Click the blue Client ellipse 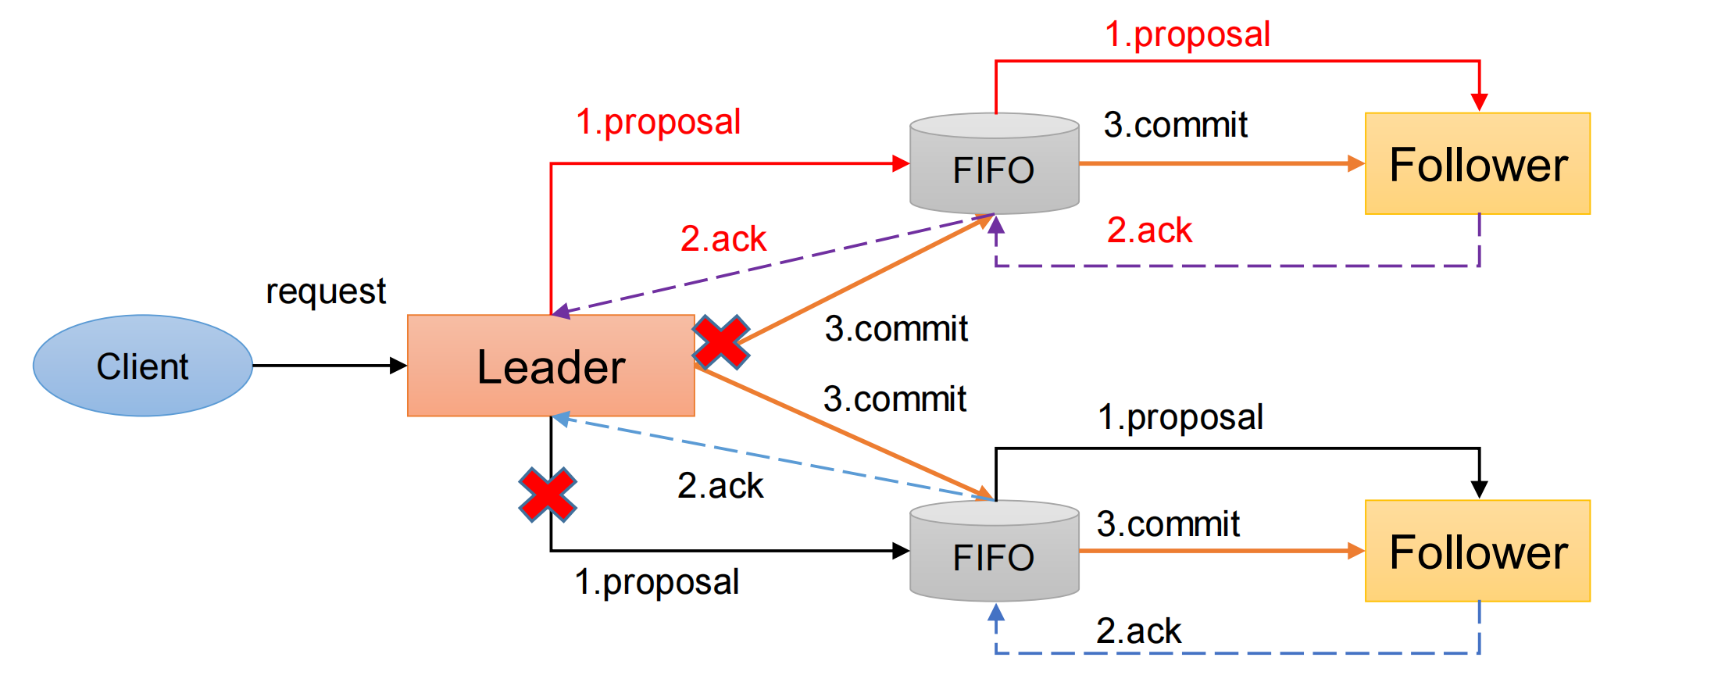point(142,366)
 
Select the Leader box point(551,366)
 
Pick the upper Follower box point(1477,164)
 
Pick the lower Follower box point(1477,552)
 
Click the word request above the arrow point(326,291)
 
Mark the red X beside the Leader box point(720,342)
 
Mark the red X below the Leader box point(548,495)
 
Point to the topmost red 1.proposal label point(1187,34)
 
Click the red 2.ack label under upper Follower point(1149,230)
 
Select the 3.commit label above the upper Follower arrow point(1175,125)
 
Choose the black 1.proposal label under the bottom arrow point(657,582)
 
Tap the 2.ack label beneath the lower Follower point(1138,631)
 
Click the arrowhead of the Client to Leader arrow point(398,366)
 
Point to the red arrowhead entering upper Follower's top point(1479,102)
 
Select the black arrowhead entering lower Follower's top point(1479,490)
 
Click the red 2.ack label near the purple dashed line point(723,239)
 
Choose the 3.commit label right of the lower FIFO point(1168,524)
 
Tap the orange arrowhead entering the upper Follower point(1356,163)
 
